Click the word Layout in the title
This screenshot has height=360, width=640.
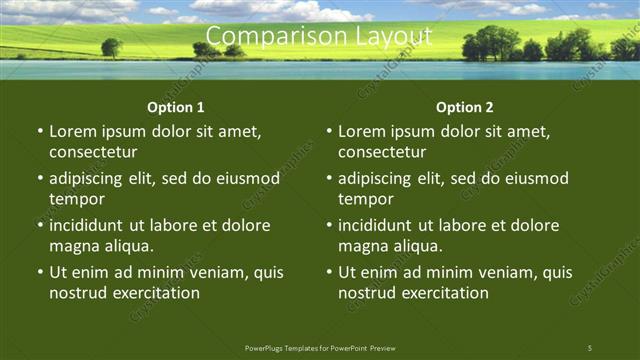398,38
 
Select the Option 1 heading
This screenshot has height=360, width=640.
175,107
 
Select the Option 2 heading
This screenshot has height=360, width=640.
464,107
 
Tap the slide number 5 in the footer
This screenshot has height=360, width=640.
589,347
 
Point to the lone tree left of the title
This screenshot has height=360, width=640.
111,46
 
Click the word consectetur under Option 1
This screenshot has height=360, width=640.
93,152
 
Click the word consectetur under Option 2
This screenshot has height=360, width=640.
382,152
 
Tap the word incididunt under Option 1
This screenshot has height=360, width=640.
91,225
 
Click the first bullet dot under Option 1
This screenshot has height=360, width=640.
40,132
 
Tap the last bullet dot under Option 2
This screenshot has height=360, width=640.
329,272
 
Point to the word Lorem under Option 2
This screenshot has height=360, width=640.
362,131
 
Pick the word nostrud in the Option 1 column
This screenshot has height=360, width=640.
77,293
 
